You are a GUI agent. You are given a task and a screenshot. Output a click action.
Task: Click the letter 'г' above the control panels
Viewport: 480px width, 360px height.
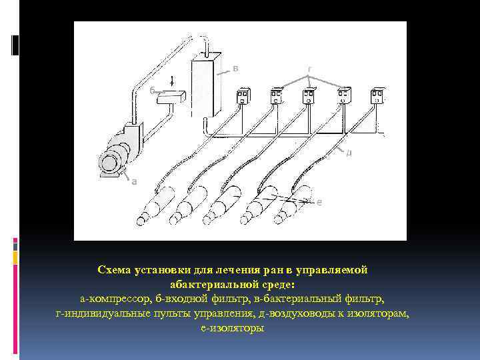pyautogui.click(x=309, y=69)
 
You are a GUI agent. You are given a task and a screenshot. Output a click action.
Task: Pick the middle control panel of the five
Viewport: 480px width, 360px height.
pyautogui.click(x=310, y=95)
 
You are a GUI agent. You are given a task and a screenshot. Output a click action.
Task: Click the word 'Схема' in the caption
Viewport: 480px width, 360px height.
pyautogui.click(x=115, y=269)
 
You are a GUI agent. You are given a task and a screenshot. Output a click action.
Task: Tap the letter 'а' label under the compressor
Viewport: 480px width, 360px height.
pyautogui.click(x=133, y=181)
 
